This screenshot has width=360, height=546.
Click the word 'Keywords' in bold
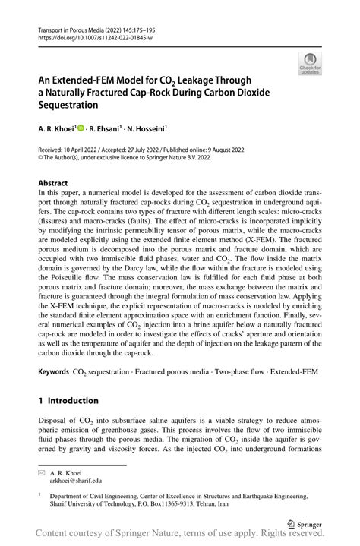pyautogui.click(x=54, y=372)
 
